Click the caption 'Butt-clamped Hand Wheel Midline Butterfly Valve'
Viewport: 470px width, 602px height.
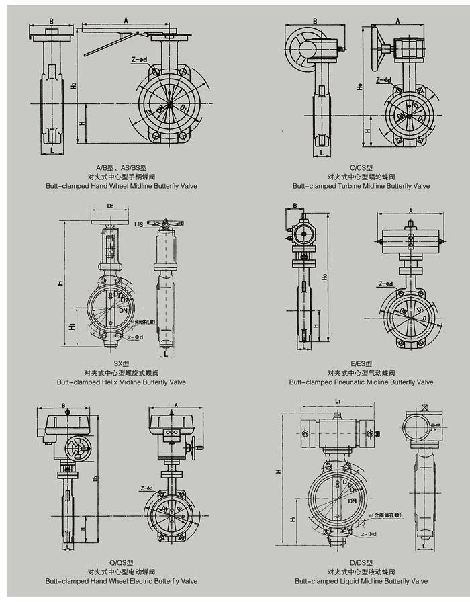(122, 185)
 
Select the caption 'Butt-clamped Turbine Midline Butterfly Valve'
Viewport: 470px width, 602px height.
(361, 185)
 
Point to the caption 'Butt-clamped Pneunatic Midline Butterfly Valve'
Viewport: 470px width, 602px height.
(361, 382)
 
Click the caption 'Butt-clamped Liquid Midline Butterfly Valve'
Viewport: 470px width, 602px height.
(361, 580)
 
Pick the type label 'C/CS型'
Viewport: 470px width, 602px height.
(361, 167)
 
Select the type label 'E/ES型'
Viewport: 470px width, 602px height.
(361, 363)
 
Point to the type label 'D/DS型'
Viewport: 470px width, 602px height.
(361, 562)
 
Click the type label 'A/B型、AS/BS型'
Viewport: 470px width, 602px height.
(122, 167)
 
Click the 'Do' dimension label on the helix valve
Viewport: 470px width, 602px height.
(109, 206)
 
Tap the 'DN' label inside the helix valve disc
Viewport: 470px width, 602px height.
(123, 310)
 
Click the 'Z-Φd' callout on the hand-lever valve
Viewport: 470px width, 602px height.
(139, 60)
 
